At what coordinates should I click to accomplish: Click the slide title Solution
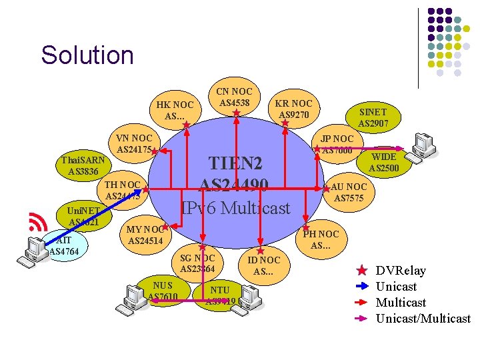click(87, 55)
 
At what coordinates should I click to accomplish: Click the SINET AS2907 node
click(373, 117)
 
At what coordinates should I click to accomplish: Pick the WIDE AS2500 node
click(383, 162)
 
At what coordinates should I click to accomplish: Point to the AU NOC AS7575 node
click(349, 193)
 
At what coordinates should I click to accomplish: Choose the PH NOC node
click(321, 239)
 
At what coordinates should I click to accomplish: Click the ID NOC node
click(263, 265)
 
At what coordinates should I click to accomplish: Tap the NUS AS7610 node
click(162, 291)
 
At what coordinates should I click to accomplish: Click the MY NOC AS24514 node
click(145, 235)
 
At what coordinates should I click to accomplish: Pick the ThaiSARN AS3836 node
click(83, 166)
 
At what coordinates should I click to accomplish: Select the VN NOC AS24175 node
click(134, 143)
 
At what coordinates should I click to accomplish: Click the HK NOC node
click(175, 110)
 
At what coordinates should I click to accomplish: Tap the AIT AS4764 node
click(64, 245)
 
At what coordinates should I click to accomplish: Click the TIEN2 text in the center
click(235, 163)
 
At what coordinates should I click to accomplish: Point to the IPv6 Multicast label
click(235, 208)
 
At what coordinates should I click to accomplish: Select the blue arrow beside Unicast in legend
click(361, 287)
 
